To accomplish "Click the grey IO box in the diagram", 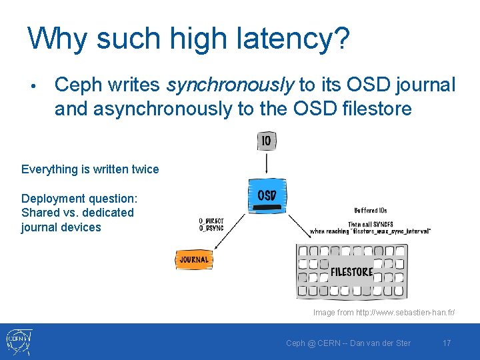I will (267, 141).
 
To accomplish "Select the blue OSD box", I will (267, 196).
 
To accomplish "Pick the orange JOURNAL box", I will (194, 259).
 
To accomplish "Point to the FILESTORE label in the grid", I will (352, 271).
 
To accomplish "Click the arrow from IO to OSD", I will (267, 164).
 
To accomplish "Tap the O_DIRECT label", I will (211, 221).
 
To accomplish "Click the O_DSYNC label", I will (211, 228).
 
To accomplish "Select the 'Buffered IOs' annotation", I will (371, 211).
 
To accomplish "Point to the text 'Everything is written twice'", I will (90, 169).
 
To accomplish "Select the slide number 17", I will (447, 343).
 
